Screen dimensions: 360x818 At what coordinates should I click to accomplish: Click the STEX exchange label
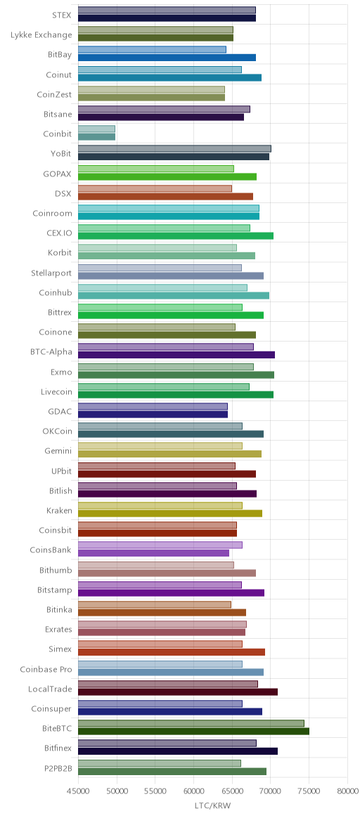coord(62,15)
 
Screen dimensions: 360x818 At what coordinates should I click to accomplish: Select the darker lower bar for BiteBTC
coord(193,732)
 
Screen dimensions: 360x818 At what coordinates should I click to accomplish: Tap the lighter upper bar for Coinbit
coord(96,129)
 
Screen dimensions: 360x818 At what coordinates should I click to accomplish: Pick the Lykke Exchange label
coord(41,34)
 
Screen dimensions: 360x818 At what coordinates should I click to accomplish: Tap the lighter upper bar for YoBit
coord(175,149)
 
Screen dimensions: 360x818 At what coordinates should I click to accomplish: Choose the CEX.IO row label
coord(59,233)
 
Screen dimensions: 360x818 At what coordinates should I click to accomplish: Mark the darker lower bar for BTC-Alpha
coord(176,355)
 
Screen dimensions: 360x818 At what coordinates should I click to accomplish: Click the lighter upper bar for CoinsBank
coord(160,545)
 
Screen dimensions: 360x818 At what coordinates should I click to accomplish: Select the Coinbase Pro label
coord(46,669)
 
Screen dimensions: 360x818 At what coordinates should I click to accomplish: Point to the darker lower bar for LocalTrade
coord(178,692)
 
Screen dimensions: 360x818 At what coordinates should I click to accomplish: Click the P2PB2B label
coord(56,768)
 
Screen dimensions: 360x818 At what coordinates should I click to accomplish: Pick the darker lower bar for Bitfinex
coord(178,751)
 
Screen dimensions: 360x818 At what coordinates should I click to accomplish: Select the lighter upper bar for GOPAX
coord(156,169)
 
